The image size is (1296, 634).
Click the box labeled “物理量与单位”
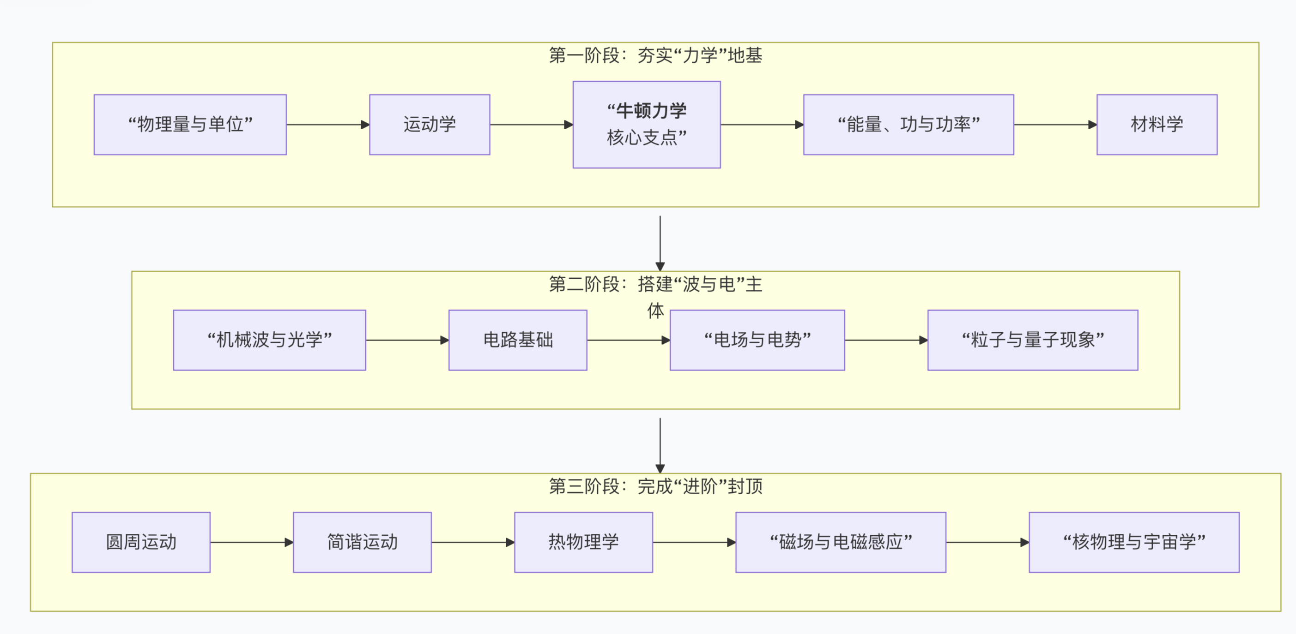tap(190, 125)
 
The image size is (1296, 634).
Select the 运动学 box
tap(430, 125)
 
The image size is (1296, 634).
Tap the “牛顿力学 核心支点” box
tap(647, 125)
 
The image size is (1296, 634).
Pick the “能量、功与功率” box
tap(908, 125)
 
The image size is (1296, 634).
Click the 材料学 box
tap(1157, 125)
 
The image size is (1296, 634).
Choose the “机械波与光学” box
tap(269, 341)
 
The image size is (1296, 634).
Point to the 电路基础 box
tap(518, 341)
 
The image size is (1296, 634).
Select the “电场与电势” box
tap(757, 341)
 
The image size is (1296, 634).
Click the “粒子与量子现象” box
tap(1032, 341)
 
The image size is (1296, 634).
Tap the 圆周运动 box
tap(141, 543)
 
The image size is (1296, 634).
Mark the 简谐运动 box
tap(362, 543)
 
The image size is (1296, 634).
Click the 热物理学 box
tap(584, 543)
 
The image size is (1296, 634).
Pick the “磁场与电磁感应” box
tap(841, 543)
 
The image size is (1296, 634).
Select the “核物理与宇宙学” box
tap(1134, 543)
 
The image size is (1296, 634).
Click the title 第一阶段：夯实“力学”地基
tap(655, 55)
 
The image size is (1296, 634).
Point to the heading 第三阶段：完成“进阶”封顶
tap(655, 486)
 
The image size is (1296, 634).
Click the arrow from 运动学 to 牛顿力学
tap(531, 125)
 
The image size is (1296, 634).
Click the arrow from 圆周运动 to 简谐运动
tap(252, 543)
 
